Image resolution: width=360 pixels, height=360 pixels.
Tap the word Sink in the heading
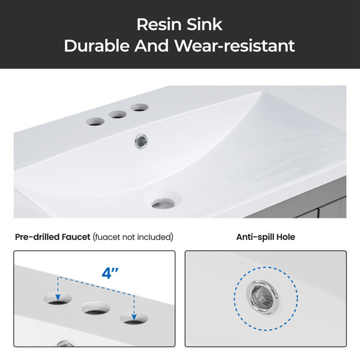point(205,25)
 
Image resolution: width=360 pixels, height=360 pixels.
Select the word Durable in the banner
point(97,46)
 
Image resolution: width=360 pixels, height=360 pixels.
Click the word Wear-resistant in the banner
point(235,46)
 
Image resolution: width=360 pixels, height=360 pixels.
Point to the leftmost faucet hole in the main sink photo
point(95,121)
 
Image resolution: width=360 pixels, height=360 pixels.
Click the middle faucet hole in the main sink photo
point(118,115)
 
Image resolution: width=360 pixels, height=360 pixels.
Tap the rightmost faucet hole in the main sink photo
point(139,107)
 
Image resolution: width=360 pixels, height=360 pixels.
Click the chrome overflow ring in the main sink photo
point(141,141)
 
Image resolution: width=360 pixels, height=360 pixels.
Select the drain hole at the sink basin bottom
point(163,203)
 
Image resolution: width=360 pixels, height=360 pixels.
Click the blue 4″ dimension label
point(110,273)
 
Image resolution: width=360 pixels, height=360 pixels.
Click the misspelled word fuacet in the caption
point(107,237)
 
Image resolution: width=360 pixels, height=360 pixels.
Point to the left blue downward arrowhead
point(58,297)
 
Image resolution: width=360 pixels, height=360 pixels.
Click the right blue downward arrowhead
point(134,317)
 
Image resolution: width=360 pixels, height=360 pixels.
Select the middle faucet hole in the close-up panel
point(96,308)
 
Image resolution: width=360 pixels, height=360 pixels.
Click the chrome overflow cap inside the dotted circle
point(263,297)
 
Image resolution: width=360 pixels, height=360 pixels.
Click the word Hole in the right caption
point(286,237)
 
